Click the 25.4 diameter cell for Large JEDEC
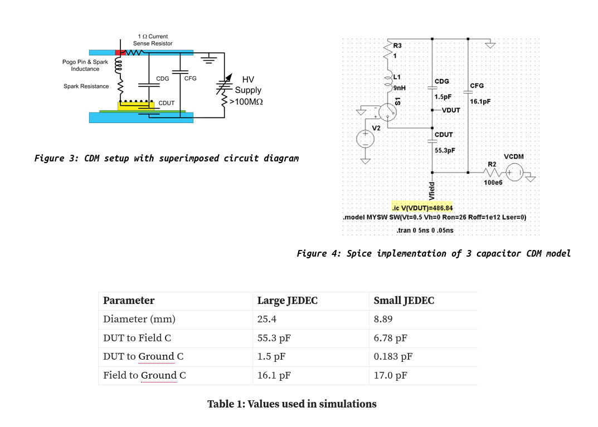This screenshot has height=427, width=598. tap(267, 319)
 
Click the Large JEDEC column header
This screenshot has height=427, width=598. tap(287, 301)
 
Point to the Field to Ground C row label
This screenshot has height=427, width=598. tap(144, 375)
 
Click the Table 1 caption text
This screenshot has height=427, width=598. tap(291, 404)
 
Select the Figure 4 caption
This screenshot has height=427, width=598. tap(433, 254)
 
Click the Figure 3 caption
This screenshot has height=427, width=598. tap(166, 159)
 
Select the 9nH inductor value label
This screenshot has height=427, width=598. tap(399, 87)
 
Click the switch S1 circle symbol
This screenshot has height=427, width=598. tap(387, 113)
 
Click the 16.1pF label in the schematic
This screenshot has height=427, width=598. tap(480, 102)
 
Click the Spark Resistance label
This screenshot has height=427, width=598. tap(86, 86)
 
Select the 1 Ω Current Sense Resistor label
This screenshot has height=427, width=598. tap(152, 40)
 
